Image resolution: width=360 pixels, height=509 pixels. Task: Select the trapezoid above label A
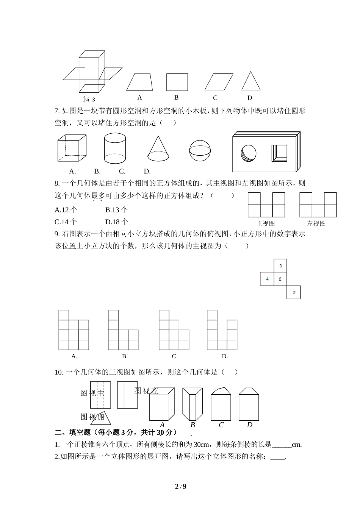139,82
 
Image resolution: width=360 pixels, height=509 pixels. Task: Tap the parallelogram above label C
218,82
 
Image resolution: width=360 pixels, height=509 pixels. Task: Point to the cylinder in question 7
115,148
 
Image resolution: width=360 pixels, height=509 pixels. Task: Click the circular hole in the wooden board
248,153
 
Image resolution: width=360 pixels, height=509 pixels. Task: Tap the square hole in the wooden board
279,153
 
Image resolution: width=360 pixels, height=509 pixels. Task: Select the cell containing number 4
267,279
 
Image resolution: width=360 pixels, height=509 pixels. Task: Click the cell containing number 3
280,265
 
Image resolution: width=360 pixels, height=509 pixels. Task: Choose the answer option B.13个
116,210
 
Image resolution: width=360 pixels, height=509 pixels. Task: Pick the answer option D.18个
116,222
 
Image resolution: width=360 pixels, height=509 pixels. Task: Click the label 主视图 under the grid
266,223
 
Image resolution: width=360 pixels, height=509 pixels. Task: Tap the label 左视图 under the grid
316,223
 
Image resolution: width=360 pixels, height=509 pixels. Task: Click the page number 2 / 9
180,486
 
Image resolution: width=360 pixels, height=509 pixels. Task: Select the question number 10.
59,372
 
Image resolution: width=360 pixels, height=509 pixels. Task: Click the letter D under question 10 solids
249,425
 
